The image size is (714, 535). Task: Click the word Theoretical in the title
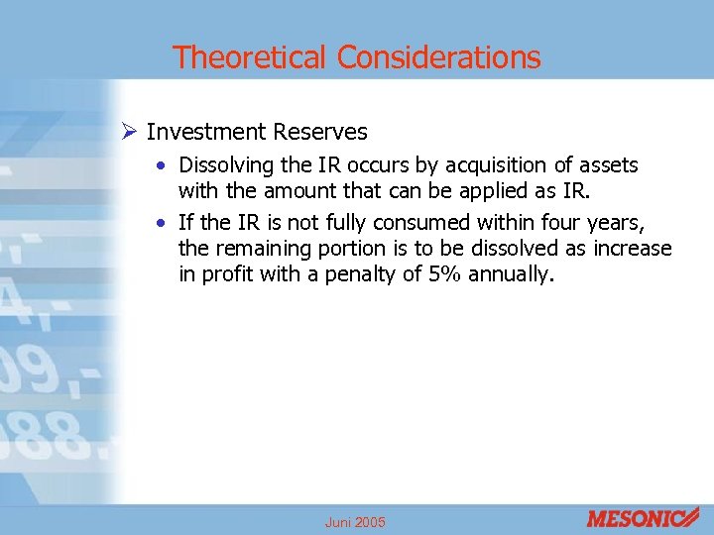click(x=252, y=57)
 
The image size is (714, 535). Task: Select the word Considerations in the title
click(x=439, y=57)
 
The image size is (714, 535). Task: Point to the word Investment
click(x=207, y=132)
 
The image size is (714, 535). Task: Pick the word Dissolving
click(x=225, y=165)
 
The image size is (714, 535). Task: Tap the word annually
click(x=514, y=273)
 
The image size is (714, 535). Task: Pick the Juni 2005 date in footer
click(x=355, y=522)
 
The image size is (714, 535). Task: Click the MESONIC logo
click(x=643, y=517)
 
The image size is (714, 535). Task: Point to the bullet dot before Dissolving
click(x=164, y=165)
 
